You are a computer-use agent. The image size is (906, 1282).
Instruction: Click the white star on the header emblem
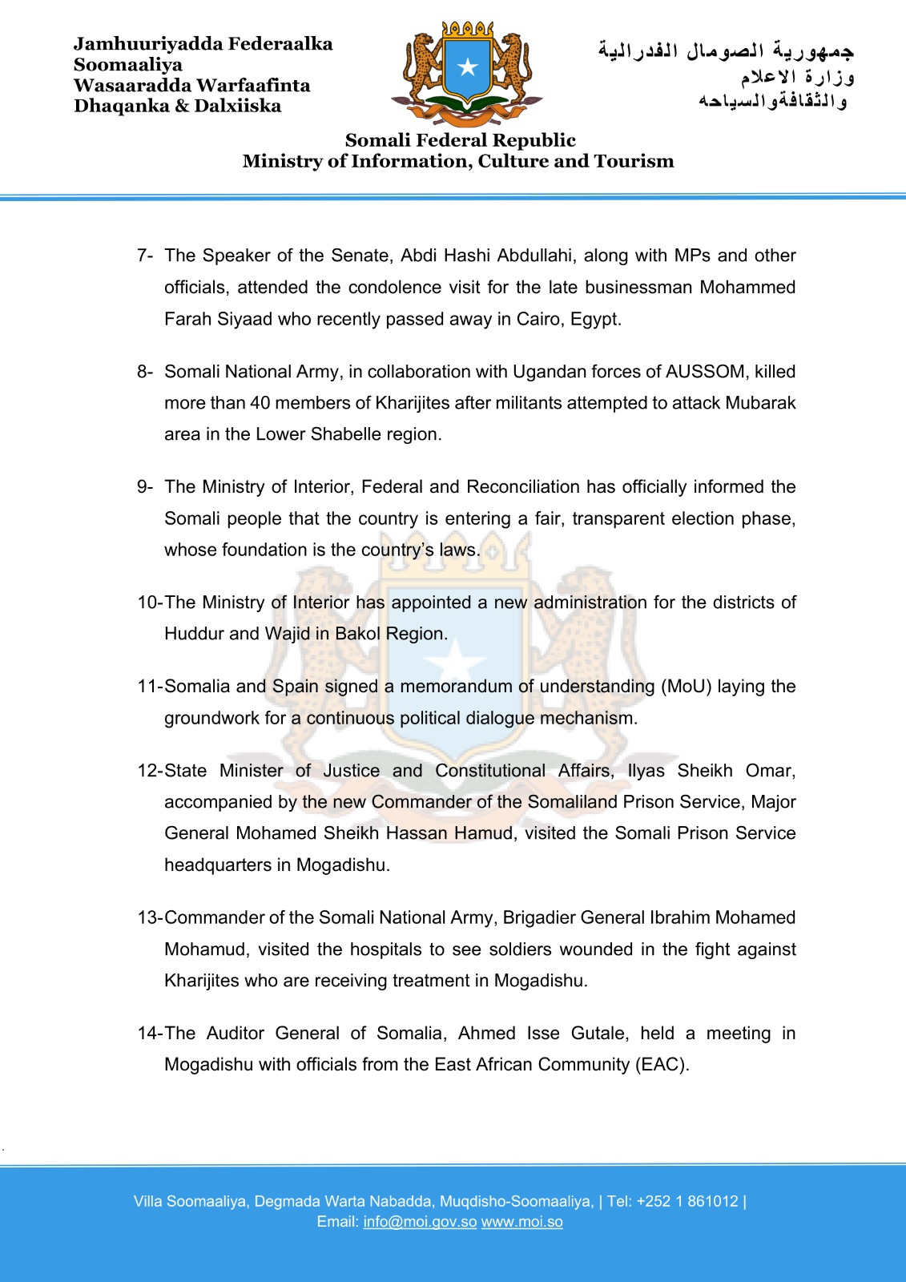coord(468,67)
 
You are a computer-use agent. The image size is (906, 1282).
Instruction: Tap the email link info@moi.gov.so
coord(420,1222)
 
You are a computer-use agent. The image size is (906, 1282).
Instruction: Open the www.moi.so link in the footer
coord(521,1222)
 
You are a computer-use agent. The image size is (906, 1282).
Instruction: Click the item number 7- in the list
coord(144,256)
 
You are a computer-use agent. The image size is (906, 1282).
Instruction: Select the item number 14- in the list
coord(149,1034)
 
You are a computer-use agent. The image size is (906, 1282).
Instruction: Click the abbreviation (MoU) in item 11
coord(686,687)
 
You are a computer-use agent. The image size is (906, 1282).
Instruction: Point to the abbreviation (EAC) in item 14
coord(662,1065)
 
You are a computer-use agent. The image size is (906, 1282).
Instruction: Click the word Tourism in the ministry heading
coord(634,161)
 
